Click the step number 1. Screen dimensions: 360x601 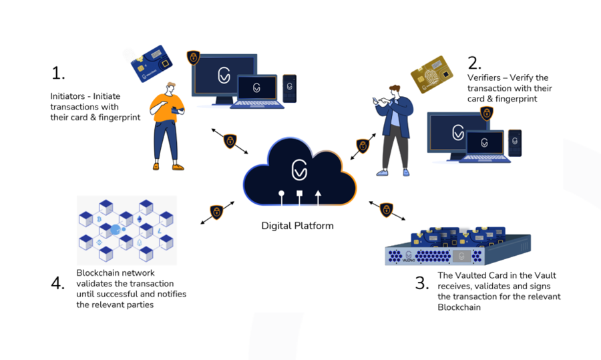[x=57, y=73]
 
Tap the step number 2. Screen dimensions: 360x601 [x=475, y=63]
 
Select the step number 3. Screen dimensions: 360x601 [x=421, y=283]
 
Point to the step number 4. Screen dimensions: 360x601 [x=58, y=283]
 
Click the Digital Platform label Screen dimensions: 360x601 [x=297, y=226]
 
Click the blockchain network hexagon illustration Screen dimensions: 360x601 [x=127, y=230]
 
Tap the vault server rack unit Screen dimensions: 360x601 [x=458, y=250]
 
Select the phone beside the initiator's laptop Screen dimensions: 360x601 [x=289, y=88]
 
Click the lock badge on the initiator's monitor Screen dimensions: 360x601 [x=194, y=57]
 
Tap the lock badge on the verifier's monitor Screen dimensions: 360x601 [x=486, y=113]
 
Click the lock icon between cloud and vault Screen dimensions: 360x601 [x=386, y=210]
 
